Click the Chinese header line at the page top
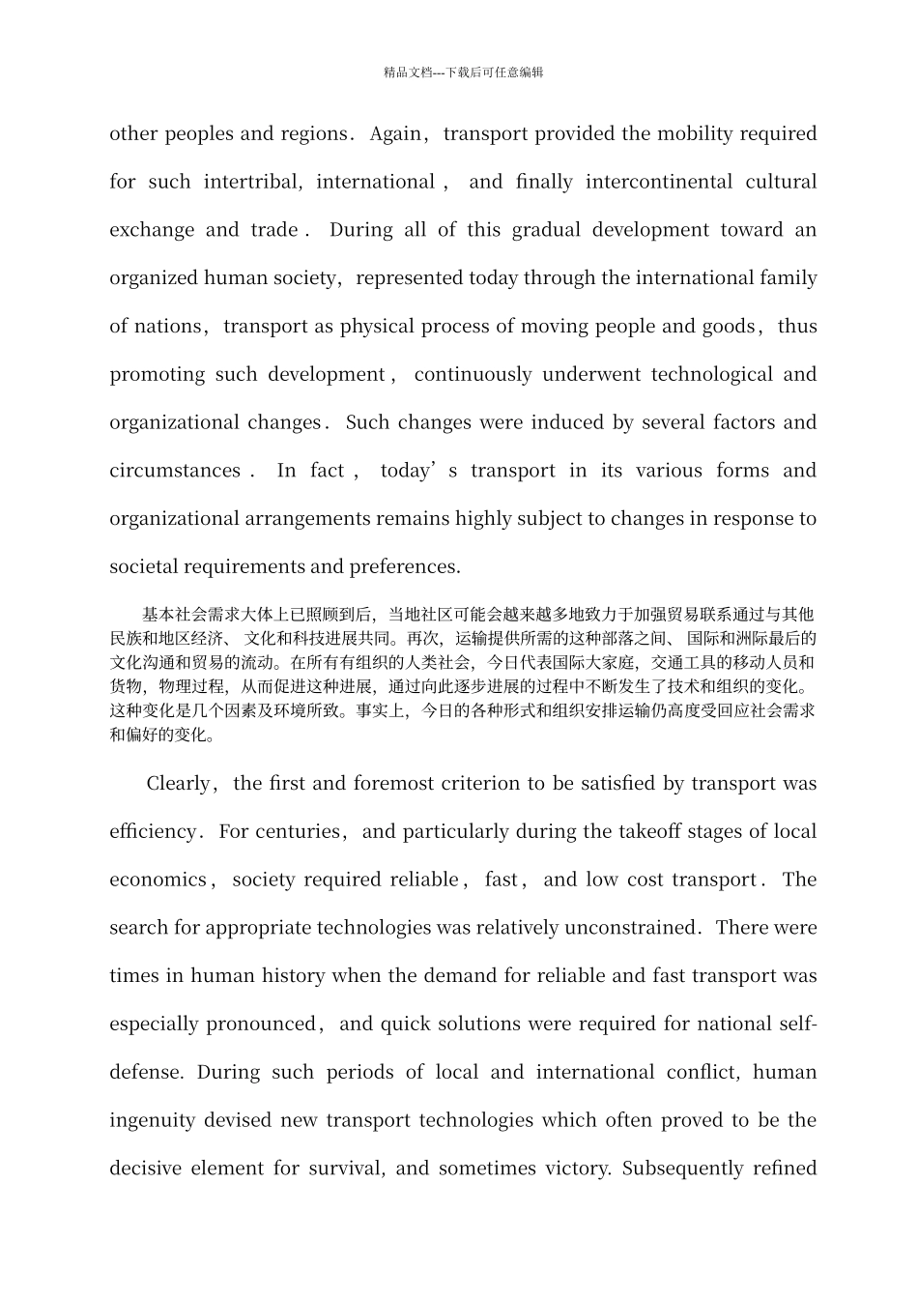tap(463, 72)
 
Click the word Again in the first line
tap(395, 133)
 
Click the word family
tap(784, 278)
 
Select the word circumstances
tap(175, 471)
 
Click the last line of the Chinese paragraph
tap(163, 734)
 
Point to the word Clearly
tap(178, 784)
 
